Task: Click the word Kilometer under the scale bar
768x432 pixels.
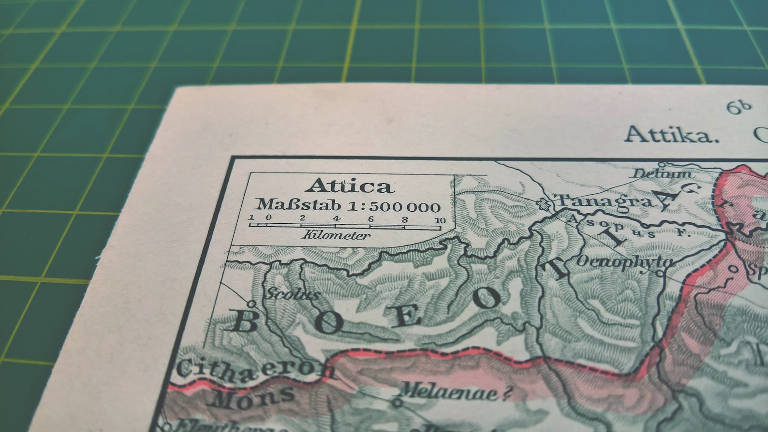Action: point(336,236)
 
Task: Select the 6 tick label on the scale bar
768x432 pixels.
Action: point(371,219)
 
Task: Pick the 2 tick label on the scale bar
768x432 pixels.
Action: point(302,218)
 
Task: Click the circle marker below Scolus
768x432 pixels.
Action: point(251,304)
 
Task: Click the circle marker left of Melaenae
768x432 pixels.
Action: point(397,401)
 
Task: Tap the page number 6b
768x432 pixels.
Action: point(739,107)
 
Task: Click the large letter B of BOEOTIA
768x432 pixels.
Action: point(246,321)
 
